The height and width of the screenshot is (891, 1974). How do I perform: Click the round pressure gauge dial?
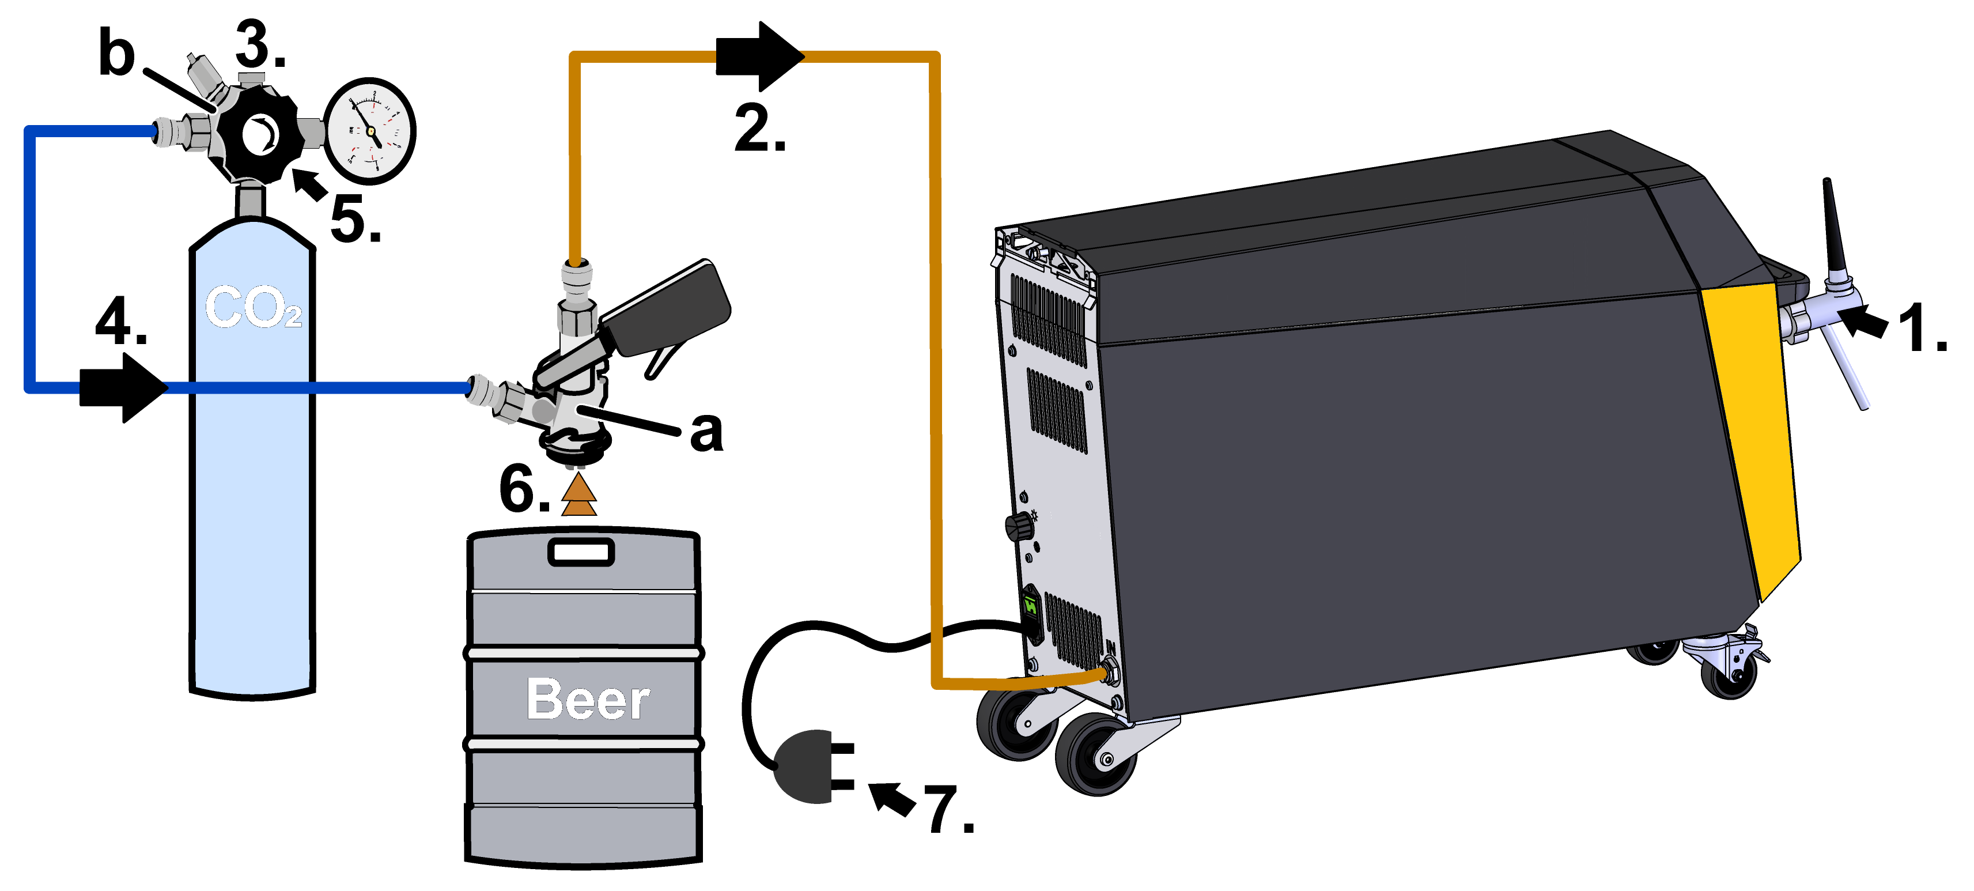click(x=370, y=131)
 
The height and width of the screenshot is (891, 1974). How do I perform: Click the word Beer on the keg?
click(x=588, y=699)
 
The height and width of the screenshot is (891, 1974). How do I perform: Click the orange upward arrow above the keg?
click(x=578, y=494)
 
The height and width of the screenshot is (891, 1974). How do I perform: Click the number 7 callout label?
click(x=948, y=810)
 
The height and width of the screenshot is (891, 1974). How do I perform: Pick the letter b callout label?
click(x=116, y=54)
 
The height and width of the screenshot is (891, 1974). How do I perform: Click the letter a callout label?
click(x=706, y=431)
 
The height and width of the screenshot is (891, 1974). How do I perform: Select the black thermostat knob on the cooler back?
click(x=1019, y=526)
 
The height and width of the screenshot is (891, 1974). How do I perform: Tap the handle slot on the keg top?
click(x=581, y=552)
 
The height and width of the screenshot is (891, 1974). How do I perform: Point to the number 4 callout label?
click(x=120, y=320)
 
